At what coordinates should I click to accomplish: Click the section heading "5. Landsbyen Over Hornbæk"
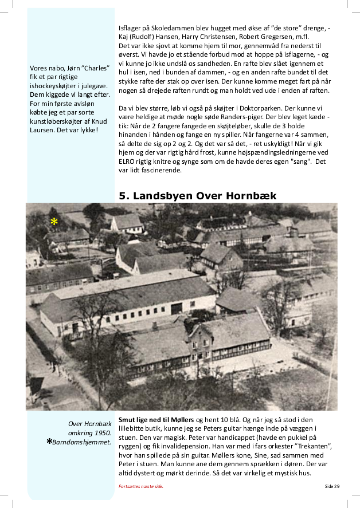click(197, 196)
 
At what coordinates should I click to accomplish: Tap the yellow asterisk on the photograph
click(54, 222)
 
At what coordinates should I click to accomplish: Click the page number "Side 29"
click(332, 486)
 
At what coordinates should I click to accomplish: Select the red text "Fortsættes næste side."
click(140, 486)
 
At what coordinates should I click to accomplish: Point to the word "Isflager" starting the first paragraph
click(130, 27)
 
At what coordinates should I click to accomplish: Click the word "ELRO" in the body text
click(128, 162)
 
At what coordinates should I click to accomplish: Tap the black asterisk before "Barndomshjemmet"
click(50, 442)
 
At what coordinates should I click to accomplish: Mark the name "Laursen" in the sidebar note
click(44, 129)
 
